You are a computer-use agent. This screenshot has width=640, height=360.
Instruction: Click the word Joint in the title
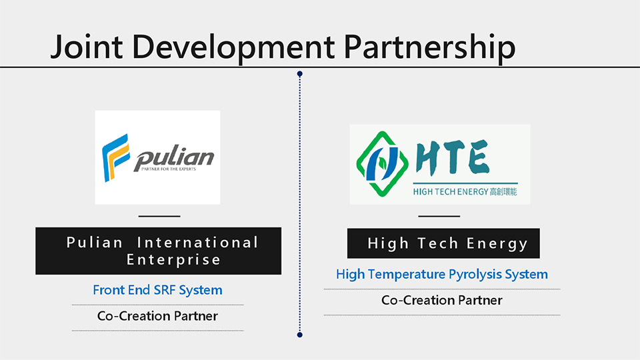pyautogui.click(x=87, y=47)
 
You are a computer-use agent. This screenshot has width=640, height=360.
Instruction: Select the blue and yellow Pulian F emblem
pyautogui.click(x=115, y=157)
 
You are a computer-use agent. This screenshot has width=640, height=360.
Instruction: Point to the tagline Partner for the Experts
pyautogui.click(x=169, y=169)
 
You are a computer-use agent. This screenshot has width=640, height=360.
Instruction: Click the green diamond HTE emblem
pyautogui.click(x=382, y=164)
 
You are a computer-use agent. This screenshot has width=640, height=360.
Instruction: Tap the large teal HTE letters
pyautogui.click(x=452, y=157)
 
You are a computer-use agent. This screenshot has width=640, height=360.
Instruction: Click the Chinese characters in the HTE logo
pyautogui.click(x=503, y=191)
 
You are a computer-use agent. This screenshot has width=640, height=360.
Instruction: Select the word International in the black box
pyautogui.click(x=197, y=243)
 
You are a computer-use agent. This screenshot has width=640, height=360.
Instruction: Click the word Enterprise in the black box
pyautogui.click(x=173, y=259)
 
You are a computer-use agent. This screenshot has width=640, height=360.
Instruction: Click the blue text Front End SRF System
pyautogui.click(x=157, y=290)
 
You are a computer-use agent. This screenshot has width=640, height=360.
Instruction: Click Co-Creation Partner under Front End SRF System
pyautogui.click(x=157, y=316)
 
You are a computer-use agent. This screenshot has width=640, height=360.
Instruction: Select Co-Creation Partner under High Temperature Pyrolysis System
pyautogui.click(x=441, y=301)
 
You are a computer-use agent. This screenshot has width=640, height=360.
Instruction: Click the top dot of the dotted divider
pyautogui.click(x=299, y=74)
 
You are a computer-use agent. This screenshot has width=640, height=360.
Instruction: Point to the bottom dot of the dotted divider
pyautogui.click(x=299, y=335)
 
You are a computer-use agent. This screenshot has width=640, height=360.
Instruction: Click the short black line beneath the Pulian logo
pyautogui.click(x=159, y=216)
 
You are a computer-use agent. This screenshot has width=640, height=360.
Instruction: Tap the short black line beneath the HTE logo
pyautogui.click(x=439, y=216)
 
